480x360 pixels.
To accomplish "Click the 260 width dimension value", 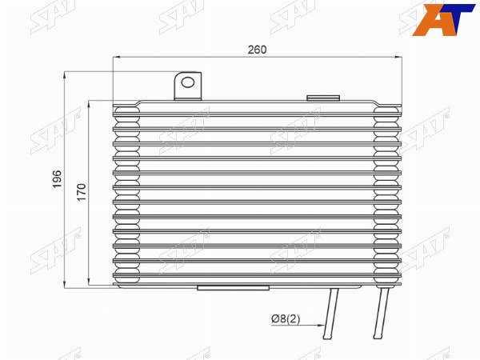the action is tap(257, 50).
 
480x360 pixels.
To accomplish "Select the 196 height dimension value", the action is tap(58, 179).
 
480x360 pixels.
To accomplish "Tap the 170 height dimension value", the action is tap(82, 192).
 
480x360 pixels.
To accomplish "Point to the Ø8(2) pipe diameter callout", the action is tap(286, 319).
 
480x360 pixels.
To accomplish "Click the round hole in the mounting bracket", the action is tap(188, 82).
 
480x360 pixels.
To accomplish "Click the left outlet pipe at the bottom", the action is tap(331, 313).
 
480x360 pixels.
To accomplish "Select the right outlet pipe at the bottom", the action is tap(381, 313).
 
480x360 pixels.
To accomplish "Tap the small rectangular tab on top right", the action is tap(323, 98).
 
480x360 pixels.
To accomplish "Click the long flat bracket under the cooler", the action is tap(234, 288).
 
